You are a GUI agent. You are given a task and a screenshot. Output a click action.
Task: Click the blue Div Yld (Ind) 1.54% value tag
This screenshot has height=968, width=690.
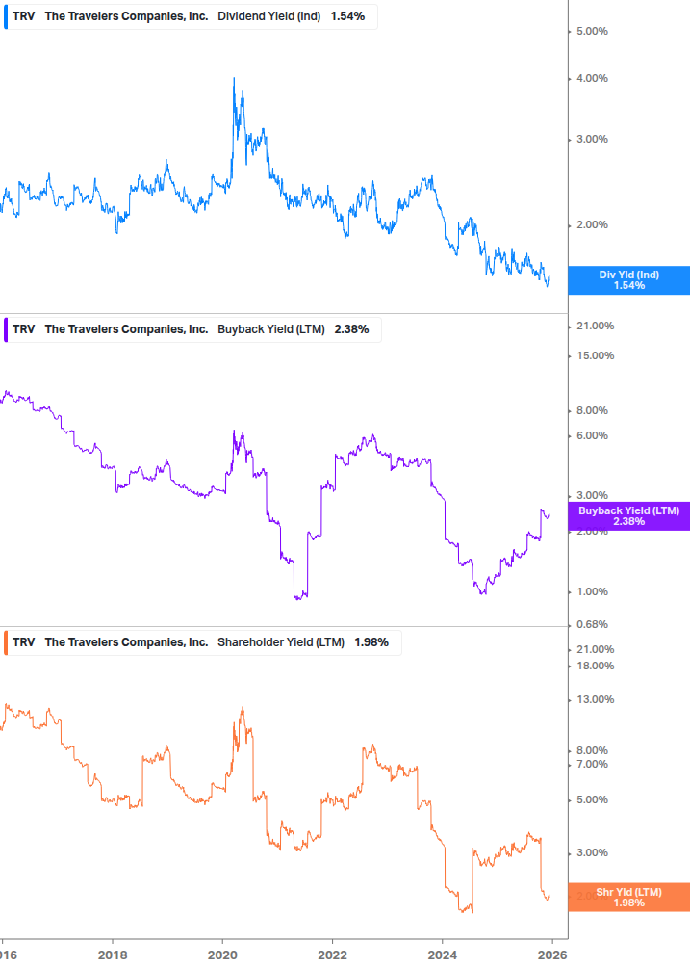[x=628, y=280]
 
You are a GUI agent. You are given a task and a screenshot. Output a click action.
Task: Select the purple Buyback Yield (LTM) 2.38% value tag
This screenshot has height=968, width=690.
[x=628, y=515]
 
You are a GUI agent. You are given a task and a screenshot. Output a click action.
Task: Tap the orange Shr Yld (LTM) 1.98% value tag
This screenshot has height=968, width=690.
[x=628, y=897]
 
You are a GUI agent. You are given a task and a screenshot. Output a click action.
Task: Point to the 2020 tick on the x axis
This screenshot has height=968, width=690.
[x=222, y=955]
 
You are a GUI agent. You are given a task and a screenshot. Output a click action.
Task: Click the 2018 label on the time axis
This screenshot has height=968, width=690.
[x=113, y=955]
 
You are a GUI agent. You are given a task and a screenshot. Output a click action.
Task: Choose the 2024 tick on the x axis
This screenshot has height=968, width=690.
[x=442, y=955]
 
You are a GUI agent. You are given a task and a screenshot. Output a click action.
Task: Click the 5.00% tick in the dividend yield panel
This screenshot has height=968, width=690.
[x=591, y=32]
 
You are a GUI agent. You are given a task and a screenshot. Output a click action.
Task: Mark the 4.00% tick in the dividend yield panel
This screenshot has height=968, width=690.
[x=591, y=79]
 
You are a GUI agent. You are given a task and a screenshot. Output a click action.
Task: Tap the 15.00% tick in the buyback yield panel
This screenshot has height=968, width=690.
[x=594, y=356]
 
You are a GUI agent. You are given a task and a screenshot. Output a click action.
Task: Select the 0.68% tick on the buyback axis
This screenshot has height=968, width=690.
[x=591, y=624]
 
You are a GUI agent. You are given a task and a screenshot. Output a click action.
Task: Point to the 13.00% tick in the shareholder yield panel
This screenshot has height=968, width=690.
[x=594, y=700]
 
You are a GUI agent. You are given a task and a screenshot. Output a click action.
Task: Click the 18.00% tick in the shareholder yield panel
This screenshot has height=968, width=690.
[x=594, y=667]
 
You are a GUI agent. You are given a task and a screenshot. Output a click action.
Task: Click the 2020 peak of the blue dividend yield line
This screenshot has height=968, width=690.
[x=234, y=79]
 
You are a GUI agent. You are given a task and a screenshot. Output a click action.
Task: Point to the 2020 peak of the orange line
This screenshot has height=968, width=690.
[x=243, y=708]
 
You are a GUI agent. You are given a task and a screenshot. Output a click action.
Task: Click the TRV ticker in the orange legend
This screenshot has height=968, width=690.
[x=24, y=642]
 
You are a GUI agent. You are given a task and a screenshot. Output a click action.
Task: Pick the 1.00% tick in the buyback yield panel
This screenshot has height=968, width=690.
[x=591, y=592]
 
